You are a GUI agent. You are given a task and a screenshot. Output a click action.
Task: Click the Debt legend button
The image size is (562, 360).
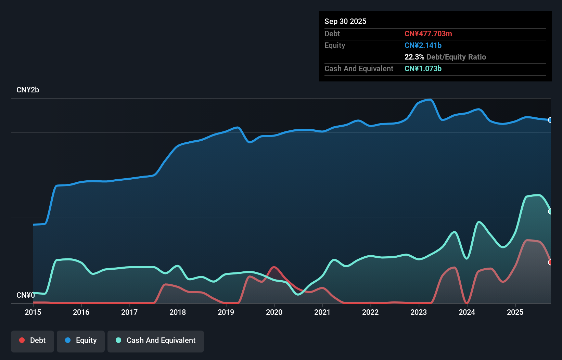tap(33, 340)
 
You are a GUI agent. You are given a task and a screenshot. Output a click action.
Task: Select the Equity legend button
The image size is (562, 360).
tap(81, 340)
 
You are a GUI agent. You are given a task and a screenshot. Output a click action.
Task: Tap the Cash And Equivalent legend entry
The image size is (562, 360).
tap(156, 340)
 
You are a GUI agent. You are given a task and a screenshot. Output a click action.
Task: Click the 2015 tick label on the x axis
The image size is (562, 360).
tap(33, 312)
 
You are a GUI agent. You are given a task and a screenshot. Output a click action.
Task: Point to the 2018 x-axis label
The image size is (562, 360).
tap(178, 312)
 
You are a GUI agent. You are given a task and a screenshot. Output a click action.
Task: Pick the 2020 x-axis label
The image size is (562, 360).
tap(274, 312)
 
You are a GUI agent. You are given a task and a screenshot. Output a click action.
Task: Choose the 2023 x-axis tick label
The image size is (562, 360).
tap(419, 312)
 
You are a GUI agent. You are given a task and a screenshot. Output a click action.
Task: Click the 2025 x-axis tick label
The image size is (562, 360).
tap(515, 312)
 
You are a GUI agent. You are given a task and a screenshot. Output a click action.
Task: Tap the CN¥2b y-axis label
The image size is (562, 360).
tap(28, 90)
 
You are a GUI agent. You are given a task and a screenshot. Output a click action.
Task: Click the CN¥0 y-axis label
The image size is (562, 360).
tap(26, 295)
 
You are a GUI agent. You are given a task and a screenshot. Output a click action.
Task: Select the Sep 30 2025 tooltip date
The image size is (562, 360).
tap(345, 21)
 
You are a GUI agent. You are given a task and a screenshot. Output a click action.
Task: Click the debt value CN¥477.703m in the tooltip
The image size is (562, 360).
tap(428, 34)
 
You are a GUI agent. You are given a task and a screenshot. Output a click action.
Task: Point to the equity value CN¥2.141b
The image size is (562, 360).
tap(423, 45)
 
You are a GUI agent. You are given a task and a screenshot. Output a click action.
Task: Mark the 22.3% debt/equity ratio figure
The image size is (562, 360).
tap(414, 57)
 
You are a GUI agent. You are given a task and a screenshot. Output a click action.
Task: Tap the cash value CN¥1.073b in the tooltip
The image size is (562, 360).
tap(423, 68)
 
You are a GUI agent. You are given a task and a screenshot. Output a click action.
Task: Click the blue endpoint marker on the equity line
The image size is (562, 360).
tap(550, 120)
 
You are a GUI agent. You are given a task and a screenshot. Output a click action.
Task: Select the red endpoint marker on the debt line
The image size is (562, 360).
tap(550, 262)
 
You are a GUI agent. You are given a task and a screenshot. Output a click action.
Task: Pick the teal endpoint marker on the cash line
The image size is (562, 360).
tap(550, 211)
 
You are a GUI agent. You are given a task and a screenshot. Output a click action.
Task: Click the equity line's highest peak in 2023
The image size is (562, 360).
tap(430, 100)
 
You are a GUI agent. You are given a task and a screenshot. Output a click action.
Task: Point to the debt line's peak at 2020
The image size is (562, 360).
tap(274, 267)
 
